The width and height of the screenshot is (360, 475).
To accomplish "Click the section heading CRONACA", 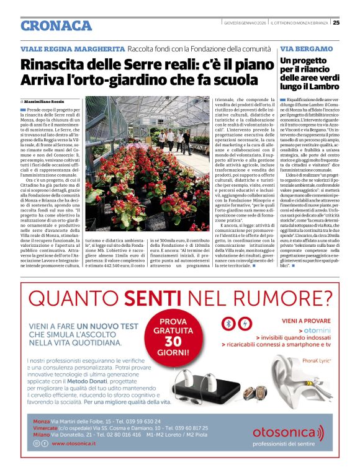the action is [56, 25].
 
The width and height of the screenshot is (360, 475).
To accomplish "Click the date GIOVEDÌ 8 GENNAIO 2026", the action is [246, 24].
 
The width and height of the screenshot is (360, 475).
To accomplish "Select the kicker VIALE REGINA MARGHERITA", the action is [73, 48].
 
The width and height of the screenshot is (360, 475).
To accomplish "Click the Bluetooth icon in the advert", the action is [228, 324].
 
